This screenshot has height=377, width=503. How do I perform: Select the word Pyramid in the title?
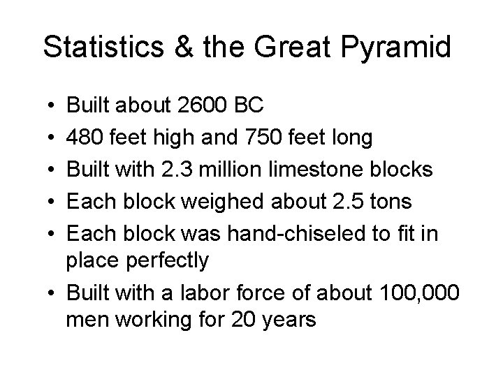(x=406, y=47)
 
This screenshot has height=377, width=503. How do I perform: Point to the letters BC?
(x=248, y=105)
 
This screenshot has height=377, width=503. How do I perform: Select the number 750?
(x=265, y=138)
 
